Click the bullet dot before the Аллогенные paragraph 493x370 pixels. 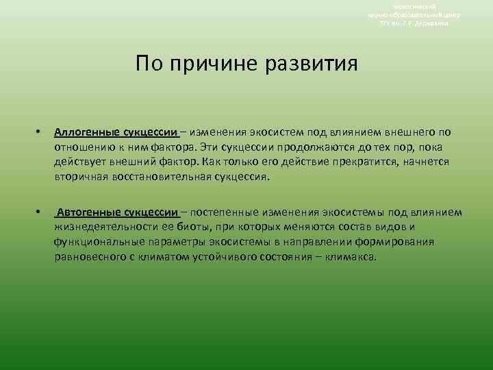tap(39, 132)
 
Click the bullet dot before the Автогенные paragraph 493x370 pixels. tap(39, 213)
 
